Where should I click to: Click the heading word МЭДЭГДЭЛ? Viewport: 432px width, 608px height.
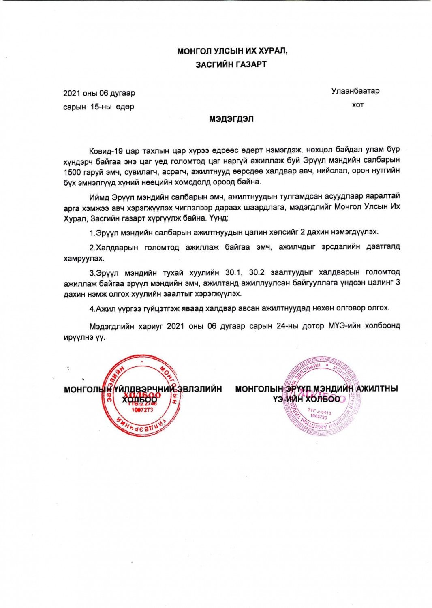coord(231,119)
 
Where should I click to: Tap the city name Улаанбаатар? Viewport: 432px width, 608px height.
coord(355,91)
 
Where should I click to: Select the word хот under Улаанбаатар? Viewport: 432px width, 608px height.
coord(357,105)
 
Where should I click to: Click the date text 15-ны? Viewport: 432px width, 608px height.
coord(101,107)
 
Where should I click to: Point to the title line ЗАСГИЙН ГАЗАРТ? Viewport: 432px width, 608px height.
coord(231,64)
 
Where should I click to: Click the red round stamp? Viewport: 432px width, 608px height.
coord(141,396)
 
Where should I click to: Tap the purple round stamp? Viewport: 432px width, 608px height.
coord(321,396)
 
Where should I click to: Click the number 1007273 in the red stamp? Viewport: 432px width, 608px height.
coord(142,410)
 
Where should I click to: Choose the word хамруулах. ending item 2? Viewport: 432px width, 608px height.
coord(84,258)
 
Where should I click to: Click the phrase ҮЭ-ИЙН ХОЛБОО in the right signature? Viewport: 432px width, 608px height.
coord(306,399)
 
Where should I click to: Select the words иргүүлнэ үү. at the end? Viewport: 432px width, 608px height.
coord(84,337)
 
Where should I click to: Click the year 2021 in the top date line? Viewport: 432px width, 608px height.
coord(72,93)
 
